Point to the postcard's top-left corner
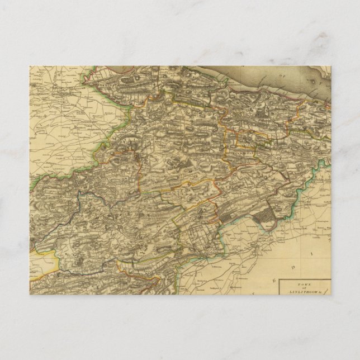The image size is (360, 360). tap(30, 66)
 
